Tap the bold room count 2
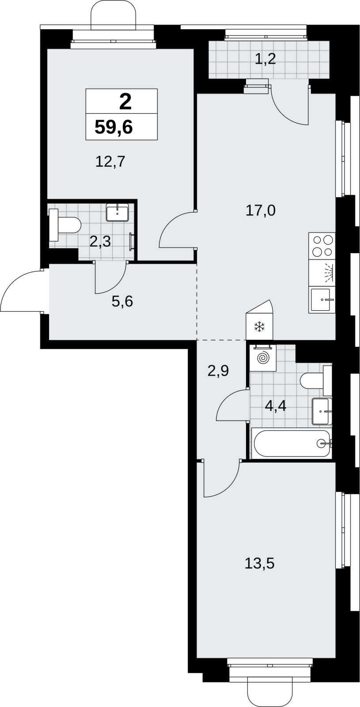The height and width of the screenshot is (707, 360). tap(125, 102)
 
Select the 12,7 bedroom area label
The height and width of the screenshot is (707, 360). tap(110, 162)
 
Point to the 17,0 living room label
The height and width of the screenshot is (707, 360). tap(261, 210)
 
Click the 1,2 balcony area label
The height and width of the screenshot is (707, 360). tap(265, 59)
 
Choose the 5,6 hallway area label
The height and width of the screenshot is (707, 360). tap(122, 302)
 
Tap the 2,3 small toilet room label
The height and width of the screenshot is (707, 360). tap(100, 242)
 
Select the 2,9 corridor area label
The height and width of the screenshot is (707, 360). tap(218, 371)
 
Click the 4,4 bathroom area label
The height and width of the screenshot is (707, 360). tap(276, 406)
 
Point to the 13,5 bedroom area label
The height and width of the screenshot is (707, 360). tap(260, 563)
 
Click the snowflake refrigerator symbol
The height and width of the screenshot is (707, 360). tap(259, 327)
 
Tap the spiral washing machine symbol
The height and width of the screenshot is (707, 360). tap(262, 358)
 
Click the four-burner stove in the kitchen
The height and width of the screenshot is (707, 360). tap(322, 246)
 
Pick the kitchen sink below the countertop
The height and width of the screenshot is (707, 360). tap(322, 300)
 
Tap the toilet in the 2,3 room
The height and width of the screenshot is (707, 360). tap(65, 225)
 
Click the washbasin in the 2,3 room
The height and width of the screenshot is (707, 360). tap(117, 213)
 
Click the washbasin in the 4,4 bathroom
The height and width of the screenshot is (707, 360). tap(322, 411)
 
